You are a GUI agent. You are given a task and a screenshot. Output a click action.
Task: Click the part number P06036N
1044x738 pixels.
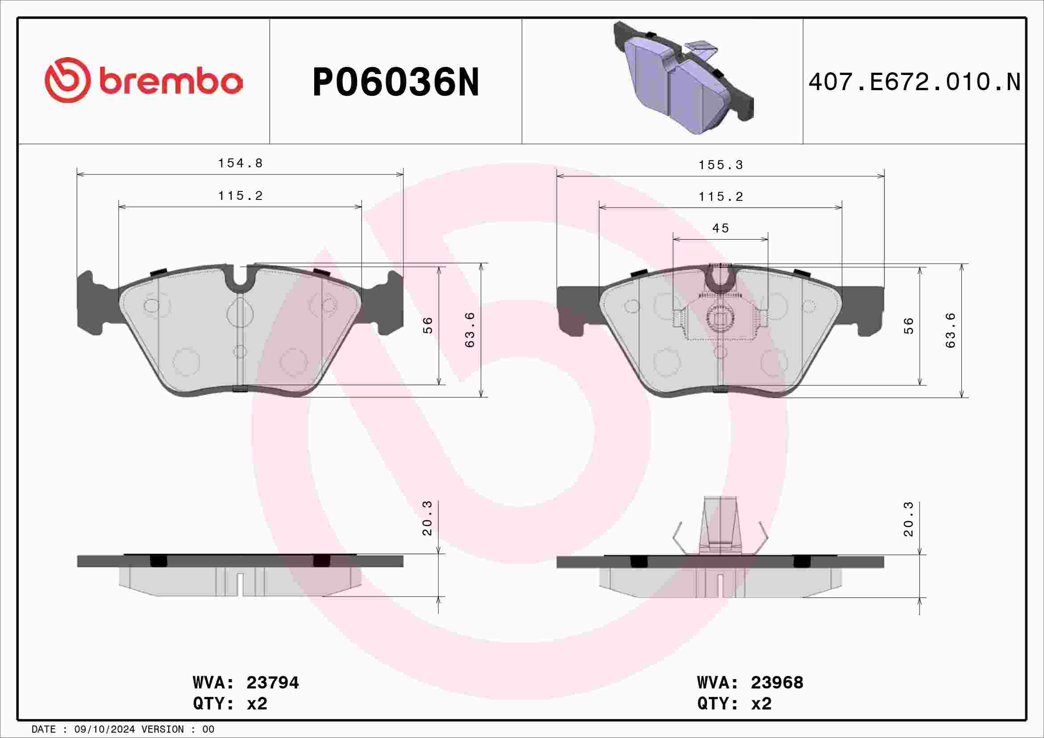395,82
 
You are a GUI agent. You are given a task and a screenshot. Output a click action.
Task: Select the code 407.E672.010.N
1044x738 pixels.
915,82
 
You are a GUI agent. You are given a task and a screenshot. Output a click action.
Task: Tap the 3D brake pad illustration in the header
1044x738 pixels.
683,77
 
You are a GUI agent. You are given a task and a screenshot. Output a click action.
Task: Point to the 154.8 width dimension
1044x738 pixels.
240,163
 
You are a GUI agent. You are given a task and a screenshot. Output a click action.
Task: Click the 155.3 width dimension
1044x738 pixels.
721,165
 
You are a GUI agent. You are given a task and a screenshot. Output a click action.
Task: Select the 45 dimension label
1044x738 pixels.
721,228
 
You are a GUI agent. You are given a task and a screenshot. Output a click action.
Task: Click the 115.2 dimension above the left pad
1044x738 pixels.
240,196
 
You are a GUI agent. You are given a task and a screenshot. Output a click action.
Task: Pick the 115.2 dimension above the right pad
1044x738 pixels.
721,197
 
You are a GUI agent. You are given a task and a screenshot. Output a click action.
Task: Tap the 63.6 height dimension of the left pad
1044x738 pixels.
470,330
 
